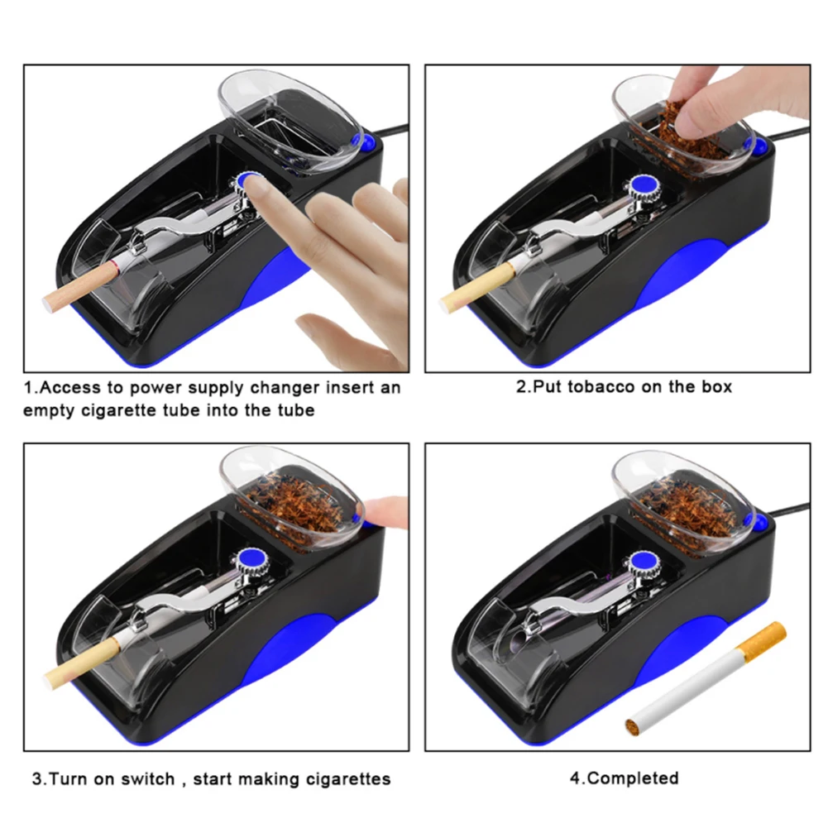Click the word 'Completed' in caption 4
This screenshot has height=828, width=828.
click(x=633, y=778)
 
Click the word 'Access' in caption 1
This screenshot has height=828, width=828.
click(x=69, y=388)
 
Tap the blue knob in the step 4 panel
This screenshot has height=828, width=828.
click(x=642, y=562)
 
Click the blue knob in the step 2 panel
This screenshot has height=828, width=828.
click(x=642, y=186)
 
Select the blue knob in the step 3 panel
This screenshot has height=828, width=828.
click(x=247, y=559)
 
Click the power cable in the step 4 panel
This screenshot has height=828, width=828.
click(x=787, y=509)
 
